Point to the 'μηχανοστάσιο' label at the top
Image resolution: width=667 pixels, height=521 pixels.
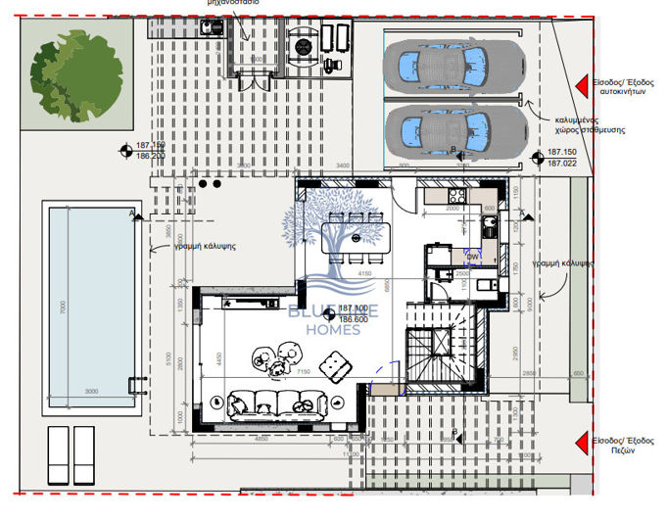(232, 4)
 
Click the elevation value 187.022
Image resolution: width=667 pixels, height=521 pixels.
(561, 164)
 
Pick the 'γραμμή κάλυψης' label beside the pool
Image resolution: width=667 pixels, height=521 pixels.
(203, 248)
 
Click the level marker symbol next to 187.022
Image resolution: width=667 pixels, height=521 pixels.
(536, 158)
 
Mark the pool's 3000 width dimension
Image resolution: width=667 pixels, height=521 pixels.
(89, 391)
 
